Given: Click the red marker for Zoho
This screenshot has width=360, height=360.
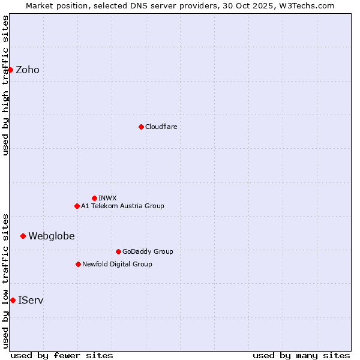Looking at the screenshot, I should [x=10, y=70].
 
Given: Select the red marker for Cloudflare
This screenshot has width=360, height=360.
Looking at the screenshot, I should [x=141, y=127].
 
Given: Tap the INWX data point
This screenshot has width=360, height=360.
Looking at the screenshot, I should [x=94, y=198].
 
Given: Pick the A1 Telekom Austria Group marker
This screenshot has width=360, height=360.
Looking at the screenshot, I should [x=77, y=206].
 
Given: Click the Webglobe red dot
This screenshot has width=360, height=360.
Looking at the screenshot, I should [x=23, y=236].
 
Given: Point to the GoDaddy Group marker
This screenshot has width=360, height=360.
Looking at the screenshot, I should [x=118, y=251].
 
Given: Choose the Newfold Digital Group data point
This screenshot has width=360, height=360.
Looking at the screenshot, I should [x=78, y=264].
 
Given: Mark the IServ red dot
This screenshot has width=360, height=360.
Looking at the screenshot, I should [x=13, y=300].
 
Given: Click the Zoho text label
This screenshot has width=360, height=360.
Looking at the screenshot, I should [x=28, y=70].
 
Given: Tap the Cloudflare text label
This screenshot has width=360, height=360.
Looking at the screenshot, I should [x=161, y=127].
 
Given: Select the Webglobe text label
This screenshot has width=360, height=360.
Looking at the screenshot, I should [x=52, y=236].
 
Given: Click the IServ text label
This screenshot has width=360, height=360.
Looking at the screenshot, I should [x=31, y=300].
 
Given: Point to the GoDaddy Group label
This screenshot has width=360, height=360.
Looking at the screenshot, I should [x=148, y=251].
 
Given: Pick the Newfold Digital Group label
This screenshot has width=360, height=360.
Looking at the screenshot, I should [x=117, y=264].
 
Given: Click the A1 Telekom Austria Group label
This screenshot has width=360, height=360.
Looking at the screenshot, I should [x=122, y=206].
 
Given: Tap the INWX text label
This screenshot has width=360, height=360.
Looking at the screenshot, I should [x=107, y=198].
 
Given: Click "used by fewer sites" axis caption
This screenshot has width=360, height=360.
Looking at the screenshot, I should [x=62, y=355].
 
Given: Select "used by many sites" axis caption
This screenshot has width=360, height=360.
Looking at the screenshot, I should [x=301, y=355].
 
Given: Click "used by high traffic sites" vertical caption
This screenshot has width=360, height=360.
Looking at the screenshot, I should [x=5, y=85].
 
